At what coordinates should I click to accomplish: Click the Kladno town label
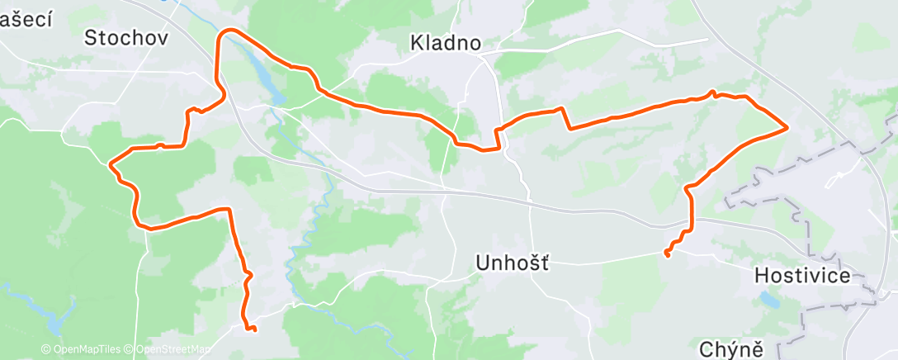pos(446,44)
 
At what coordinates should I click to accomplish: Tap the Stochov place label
pos(126,37)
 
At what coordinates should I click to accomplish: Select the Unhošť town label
pos(513,263)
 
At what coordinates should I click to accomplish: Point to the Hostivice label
pos(802,276)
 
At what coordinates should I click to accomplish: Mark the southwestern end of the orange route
pos(253,330)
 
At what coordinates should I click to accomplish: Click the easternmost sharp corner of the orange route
pos(787,126)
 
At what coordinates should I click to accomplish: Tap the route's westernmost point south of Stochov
pos(111,163)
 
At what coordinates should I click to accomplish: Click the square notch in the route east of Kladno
pos(565,118)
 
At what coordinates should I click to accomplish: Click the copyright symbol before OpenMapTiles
pos(45,350)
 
